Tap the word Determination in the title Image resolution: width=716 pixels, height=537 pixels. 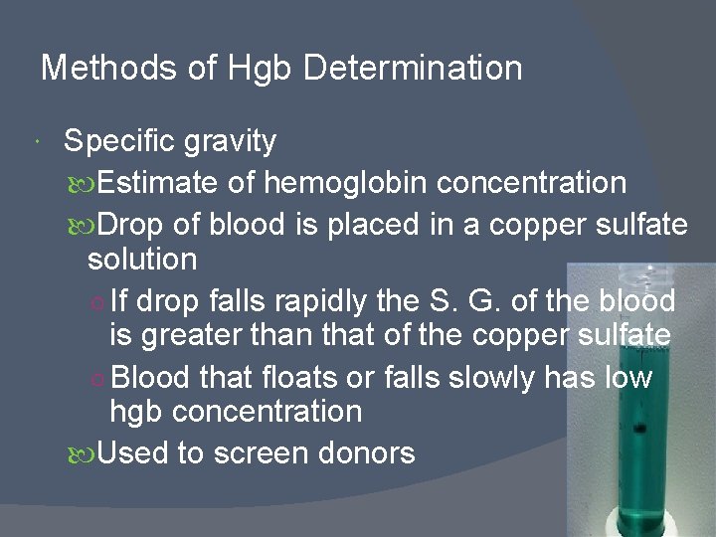tap(413, 68)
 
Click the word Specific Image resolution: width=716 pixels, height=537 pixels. tap(120, 141)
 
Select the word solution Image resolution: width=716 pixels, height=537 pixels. tap(142, 260)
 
